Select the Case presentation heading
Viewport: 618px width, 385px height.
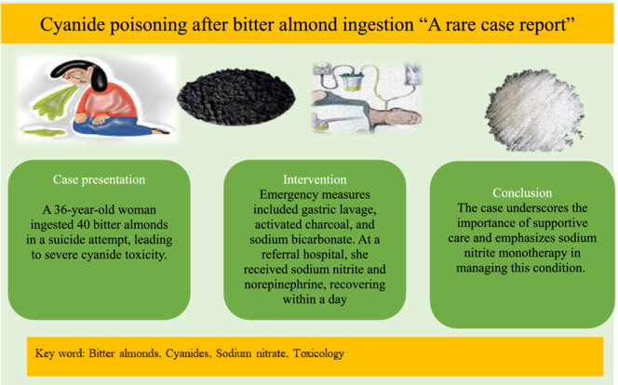[x=99, y=179]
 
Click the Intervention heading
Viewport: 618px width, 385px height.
[x=315, y=179]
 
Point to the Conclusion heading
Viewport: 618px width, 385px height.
[x=522, y=192]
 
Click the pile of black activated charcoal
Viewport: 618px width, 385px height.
[x=235, y=97]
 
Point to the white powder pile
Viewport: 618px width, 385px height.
[x=534, y=111]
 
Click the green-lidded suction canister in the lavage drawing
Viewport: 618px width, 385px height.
[x=353, y=80]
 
